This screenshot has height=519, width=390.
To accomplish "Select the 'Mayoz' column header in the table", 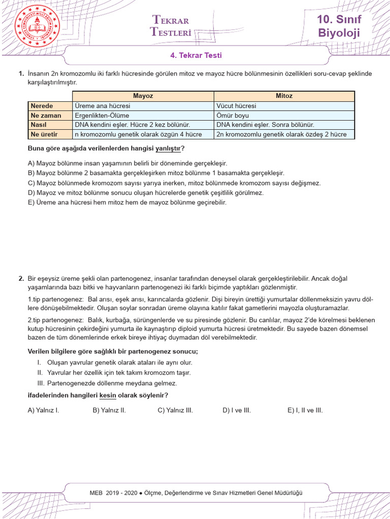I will coord(143,96).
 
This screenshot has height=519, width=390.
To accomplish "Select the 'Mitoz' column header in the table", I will coord(284,96).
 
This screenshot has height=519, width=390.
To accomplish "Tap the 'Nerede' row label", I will coord(42,106).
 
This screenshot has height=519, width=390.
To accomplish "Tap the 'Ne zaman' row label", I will coord(46,115).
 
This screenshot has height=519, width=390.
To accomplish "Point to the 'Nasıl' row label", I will coord(39,125).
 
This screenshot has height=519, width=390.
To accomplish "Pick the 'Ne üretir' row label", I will coord(45,134).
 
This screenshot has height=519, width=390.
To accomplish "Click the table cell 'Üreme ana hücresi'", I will coord(103,106).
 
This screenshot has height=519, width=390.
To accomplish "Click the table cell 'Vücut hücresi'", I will coord(236,106).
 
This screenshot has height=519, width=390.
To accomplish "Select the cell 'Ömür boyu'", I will coord(233,115).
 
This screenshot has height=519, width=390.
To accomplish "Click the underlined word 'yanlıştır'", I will coord(171,149).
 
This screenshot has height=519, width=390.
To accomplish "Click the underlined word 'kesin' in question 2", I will coord(108,395).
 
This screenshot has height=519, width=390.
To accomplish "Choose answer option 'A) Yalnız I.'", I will coord(44,410).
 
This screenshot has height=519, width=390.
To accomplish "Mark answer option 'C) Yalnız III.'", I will coord(175,410).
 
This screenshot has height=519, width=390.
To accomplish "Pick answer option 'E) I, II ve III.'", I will coord(305,410).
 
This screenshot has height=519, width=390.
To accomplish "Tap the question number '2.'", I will coord(21,278).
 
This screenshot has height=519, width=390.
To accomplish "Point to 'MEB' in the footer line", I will coord(95,493).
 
